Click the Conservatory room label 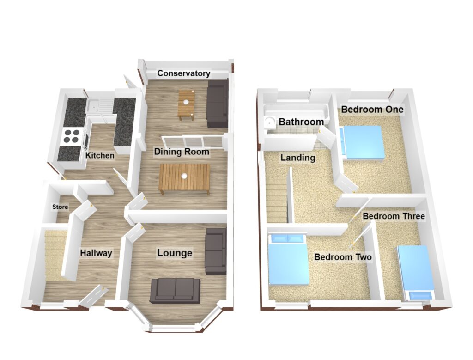(x=184, y=73)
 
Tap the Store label (x=60, y=207)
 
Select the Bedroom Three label (x=394, y=216)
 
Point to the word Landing (x=298, y=158)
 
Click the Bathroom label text (x=301, y=122)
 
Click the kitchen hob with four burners (x=72, y=136)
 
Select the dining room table (x=185, y=179)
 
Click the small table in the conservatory (x=186, y=105)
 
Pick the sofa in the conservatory (x=217, y=104)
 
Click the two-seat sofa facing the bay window (x=175, y=291)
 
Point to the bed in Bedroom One (x=362, y=142)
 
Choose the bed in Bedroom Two (x=288, y=260)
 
